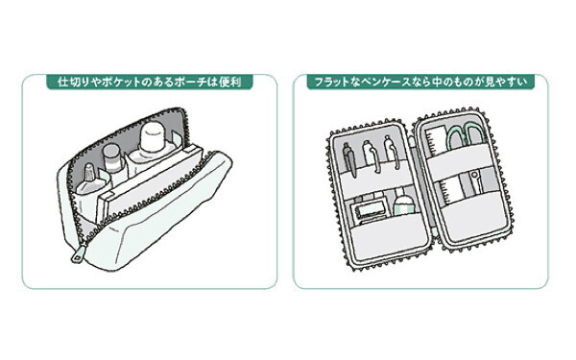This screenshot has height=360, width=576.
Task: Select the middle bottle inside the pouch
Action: click(113, 163)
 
